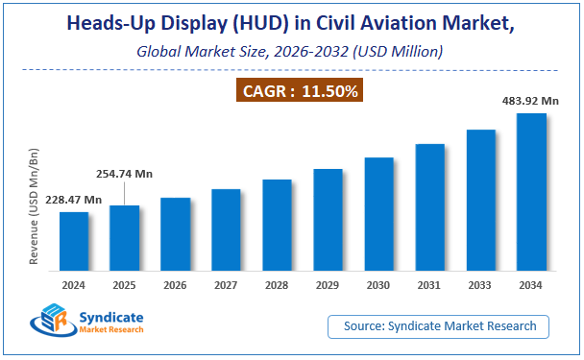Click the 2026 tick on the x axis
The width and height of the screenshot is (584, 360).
tap(176, 285)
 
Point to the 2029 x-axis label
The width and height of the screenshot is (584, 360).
tap(328, 285)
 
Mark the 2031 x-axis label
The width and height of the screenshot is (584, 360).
tap(429, 285)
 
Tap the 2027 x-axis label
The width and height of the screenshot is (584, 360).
tap(226, 285)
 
